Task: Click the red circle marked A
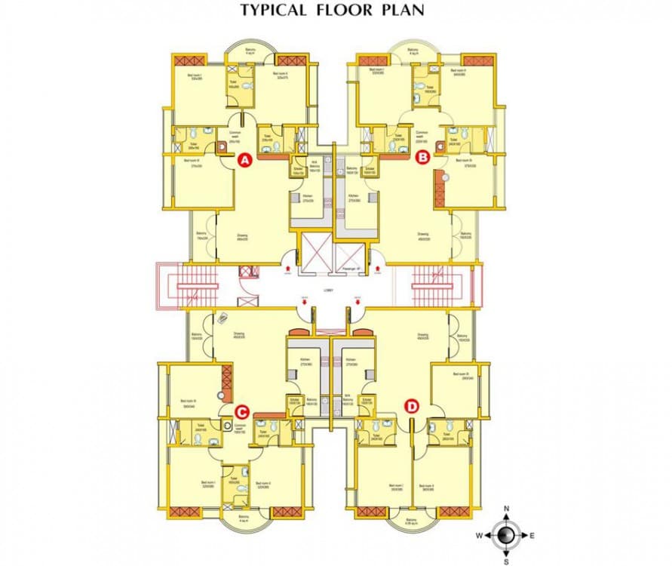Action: click(244, 160)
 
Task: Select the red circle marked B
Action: click(423, 157)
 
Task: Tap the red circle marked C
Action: click(241, 411)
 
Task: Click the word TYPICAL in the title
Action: click(273, 11)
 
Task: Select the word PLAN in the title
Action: click(404, 11)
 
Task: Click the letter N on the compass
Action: click(507, 509)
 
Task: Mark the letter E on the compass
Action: click(532, 535)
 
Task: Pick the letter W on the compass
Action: click(479, 535)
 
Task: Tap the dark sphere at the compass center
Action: click(507, 535)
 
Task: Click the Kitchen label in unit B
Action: click(354, 197)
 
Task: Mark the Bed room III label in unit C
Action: click(189, 401)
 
